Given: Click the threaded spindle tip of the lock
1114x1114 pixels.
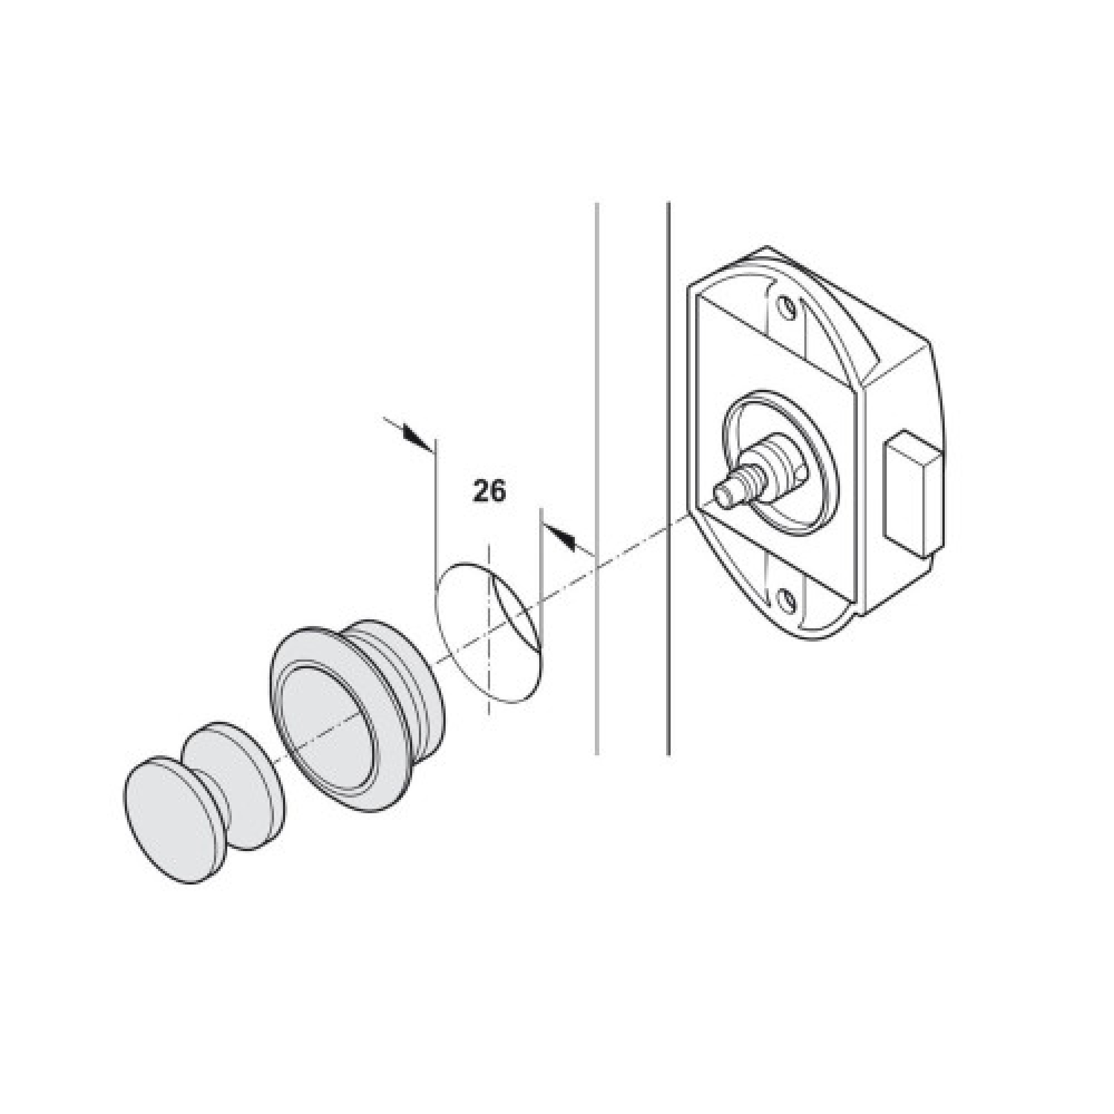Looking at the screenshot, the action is click(724, 492).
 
